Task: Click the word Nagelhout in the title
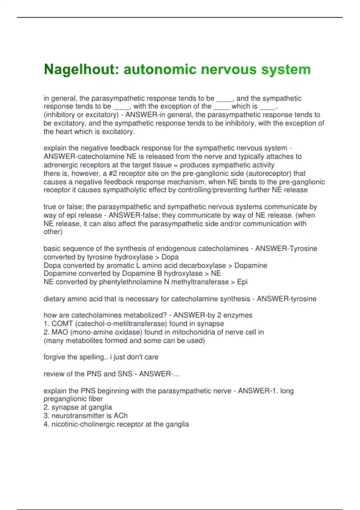pos(79,70)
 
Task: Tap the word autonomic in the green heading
pos(160,70)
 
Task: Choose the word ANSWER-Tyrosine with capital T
pos(286,248)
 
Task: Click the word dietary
pos(54,299)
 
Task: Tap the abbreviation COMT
pos(62,324)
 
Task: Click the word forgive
pos(54,357)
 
